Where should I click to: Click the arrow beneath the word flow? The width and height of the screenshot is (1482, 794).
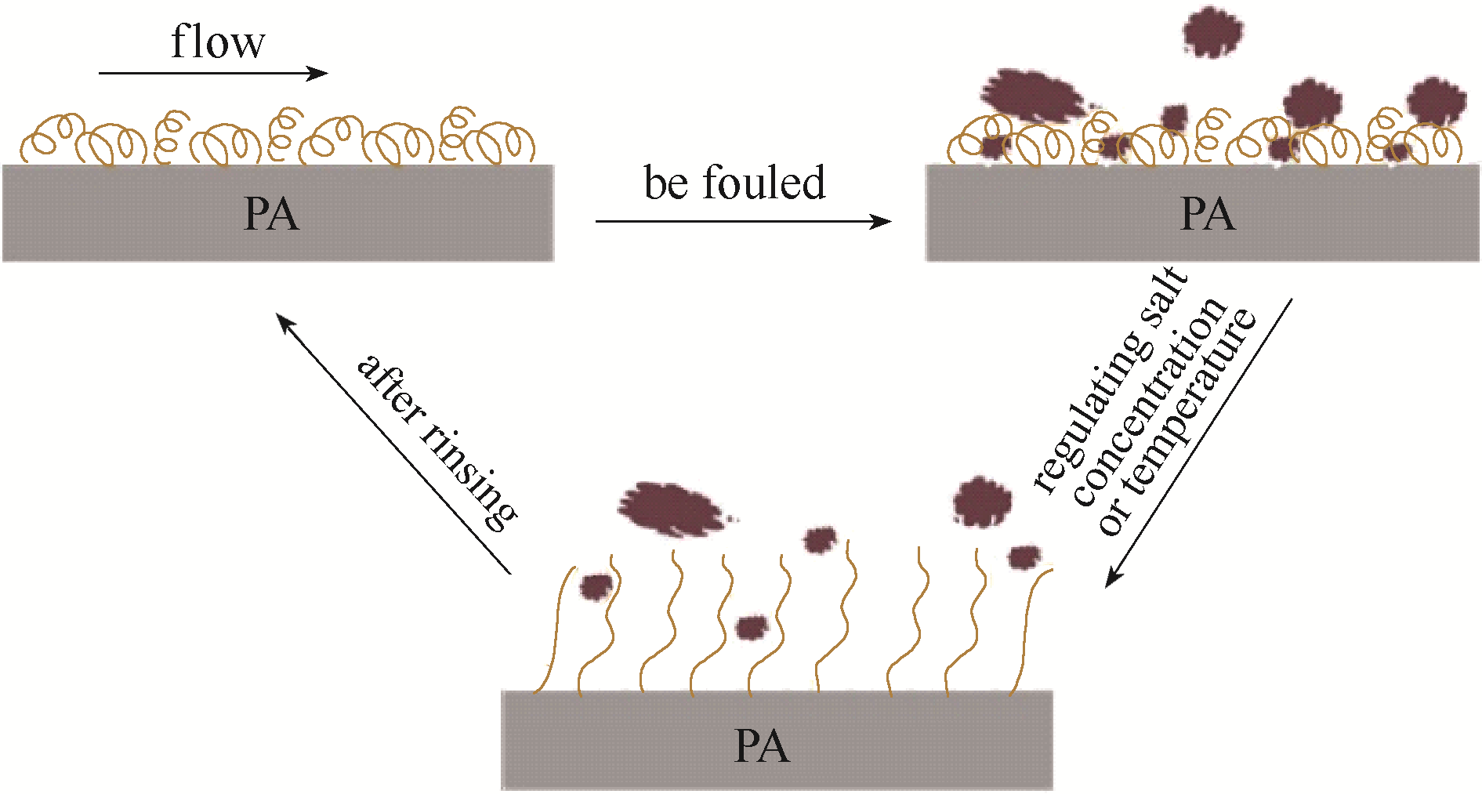click(x=212, y=73)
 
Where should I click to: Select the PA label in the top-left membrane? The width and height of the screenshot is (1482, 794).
click(x=271, y=213)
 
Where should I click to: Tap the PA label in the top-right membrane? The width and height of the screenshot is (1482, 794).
click(x=1207, y=213)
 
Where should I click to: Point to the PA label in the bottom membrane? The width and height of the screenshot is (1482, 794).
click(x=761, y=745)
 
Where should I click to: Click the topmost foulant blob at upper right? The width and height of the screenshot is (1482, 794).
click(x=1212, y=32)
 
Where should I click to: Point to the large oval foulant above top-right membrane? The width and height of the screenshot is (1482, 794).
click(x=1033, y=95)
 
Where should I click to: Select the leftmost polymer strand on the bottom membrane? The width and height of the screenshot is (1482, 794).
click(x=556, y=635)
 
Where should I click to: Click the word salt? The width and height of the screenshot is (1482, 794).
click(x=1167, y=294)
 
